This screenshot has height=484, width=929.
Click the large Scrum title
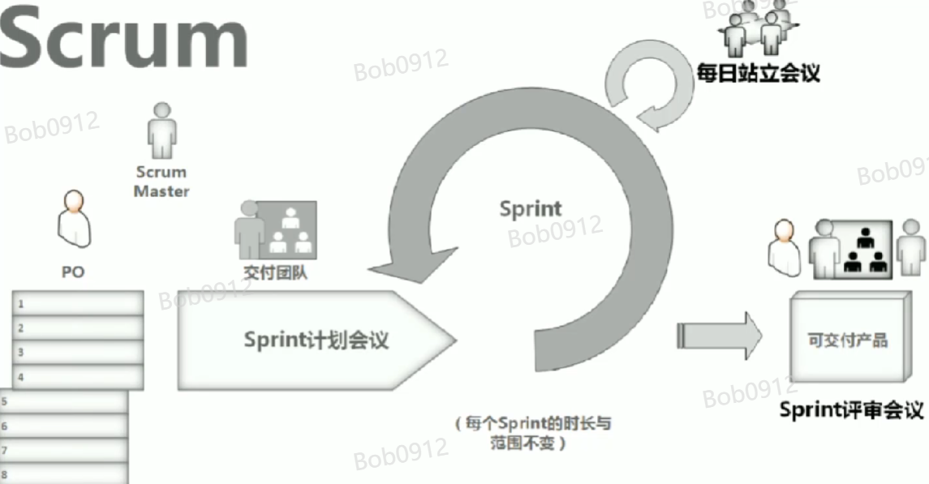pyautogui.click(x=123, y=38)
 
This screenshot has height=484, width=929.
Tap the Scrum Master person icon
pyautogui.click(x=161, y=131)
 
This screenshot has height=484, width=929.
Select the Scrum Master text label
pyautogui.click(x=161, y=182)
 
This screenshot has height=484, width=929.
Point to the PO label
pyautogui.click(x=73, y=272)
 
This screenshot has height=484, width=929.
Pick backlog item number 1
pyautogui.click(x=78, y=304)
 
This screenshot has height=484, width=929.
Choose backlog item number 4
pyautogui.click(x=78, y=376)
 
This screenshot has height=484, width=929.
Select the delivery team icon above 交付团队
pyautogui.click(x=276, y=229)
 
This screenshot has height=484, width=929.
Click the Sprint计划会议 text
pyautogui.click(x=316, y=340)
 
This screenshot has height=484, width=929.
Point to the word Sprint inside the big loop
pyautogui.click(x=530, y=208)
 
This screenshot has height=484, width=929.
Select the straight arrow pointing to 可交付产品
pyautogui.click(x=719, y=334)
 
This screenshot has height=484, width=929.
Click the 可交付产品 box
pyautogui.click(x=847, y=339)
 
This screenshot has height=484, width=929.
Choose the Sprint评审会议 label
pyautogui.click(x=851, y=409)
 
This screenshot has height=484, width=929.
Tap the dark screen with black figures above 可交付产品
pyautogui.click(x=863, y=248)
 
